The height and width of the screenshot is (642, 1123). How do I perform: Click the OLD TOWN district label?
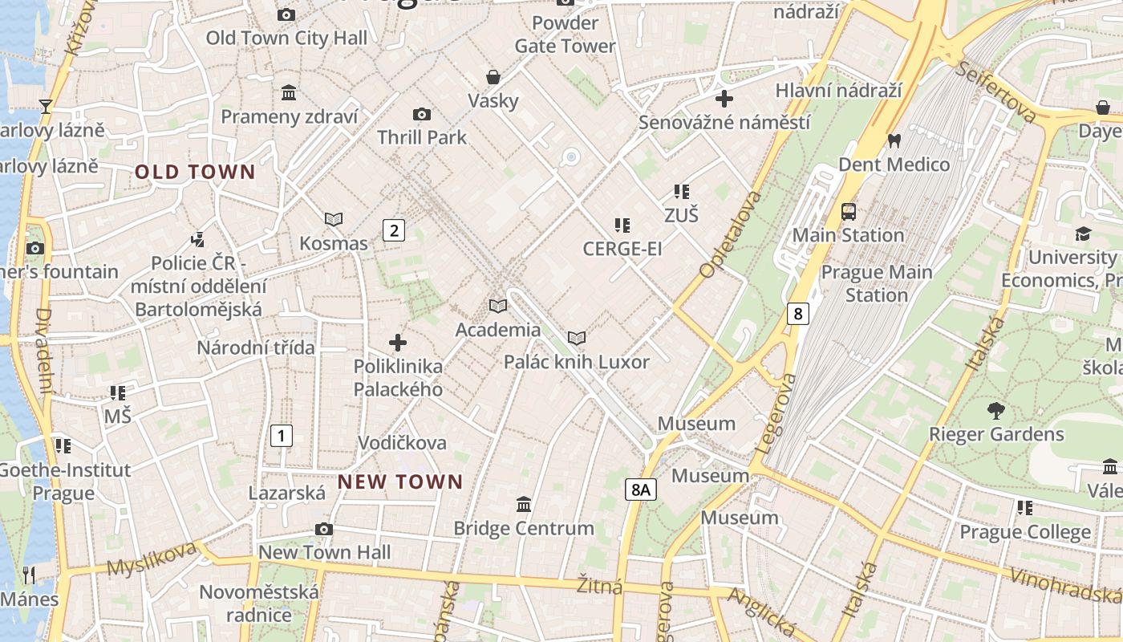click(x=195, y=172)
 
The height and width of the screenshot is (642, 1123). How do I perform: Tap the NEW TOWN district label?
click(x=400, y=481)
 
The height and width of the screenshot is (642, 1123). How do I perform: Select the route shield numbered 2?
click(x=393, y=231)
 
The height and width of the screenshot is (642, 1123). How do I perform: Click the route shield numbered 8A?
click(x=640, y=489)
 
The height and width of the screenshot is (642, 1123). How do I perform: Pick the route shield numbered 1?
click(x=281, y=436)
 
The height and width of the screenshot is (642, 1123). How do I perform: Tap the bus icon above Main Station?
click(x=848, y=212)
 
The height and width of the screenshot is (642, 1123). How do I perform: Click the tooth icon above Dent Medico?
click(x=894, y=141)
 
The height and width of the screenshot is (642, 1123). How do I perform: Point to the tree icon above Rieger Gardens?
click(x=995, y=411)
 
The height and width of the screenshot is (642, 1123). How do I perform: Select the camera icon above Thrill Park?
click(x=421, y=115)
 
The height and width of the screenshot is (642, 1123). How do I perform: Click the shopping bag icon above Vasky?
click(x=493, y=77)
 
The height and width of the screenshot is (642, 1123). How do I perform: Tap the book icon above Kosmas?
click(x=334, y=219)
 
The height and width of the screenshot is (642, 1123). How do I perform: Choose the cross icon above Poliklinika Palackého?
click(x=398, y=343)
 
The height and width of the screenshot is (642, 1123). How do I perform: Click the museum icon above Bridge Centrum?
click(x=524, y=504)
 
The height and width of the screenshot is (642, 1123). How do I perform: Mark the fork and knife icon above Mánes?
click(x=29, y=575)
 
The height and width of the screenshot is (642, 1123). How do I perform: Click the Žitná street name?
click(x=600, y=586)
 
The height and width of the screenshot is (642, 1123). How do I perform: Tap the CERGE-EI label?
click(x=622, y=249)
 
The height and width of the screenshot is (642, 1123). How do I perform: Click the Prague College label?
click(x=1025, y=532)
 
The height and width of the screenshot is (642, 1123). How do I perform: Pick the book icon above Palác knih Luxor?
click(x=576, y=338)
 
